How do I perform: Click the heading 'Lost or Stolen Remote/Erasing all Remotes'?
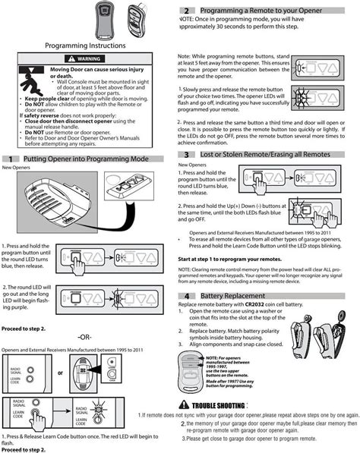[265, 154]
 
